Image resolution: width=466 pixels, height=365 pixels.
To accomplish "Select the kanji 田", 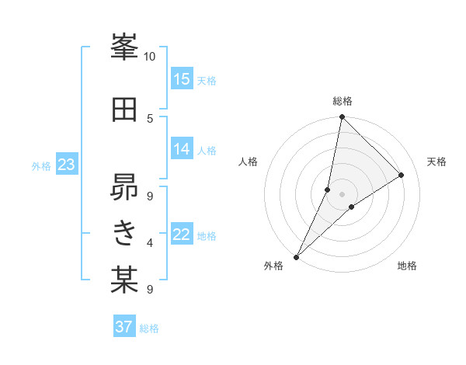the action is [123, 109].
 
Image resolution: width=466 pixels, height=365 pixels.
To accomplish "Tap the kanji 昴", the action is [123, 186].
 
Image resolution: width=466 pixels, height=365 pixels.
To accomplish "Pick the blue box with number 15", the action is [182, 79].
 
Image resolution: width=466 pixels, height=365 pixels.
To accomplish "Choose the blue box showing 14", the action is [182, 149].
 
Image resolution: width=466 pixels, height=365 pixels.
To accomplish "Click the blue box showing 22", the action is [182, 235].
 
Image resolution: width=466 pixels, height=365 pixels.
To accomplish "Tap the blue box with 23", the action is [66, 165].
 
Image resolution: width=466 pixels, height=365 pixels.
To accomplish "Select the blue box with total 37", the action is [124, 327].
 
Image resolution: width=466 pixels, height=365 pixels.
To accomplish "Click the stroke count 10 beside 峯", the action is [149, 57].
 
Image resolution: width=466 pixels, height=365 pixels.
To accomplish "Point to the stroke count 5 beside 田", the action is [149, 118].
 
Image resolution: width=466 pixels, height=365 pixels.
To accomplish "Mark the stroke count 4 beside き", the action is [149, 243].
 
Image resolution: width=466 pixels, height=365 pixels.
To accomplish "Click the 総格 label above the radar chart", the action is [342, 101].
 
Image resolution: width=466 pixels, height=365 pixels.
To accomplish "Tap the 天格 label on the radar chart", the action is [436, 162].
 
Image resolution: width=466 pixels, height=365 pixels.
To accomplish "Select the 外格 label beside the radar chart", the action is [273, 266].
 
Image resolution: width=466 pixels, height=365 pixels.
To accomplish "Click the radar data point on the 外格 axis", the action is [297, 256].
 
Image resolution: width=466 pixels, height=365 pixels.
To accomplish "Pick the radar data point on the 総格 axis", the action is [342, 116].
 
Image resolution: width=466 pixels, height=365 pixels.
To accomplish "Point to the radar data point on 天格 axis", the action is [402, 175].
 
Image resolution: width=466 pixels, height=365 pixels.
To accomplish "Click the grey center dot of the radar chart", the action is [342, 194].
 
